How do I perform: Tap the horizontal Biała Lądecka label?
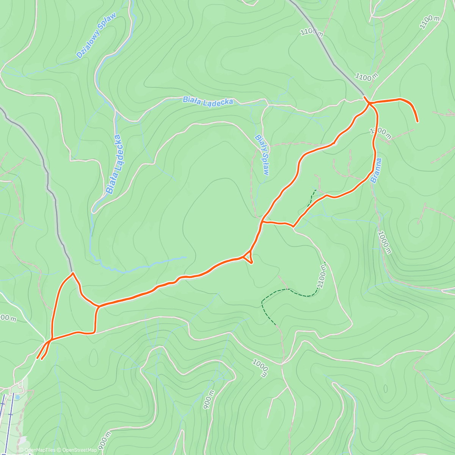click(207, 101)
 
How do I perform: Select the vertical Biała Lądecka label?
click(114, 164)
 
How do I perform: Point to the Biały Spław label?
click(262, 155)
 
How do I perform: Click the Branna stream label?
click(376, 171)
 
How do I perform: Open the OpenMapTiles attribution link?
click(40, 450)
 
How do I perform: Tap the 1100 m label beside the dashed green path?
click(322, 276)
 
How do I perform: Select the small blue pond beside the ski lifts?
click(17, 398)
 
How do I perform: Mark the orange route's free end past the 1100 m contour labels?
click(417, 121)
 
